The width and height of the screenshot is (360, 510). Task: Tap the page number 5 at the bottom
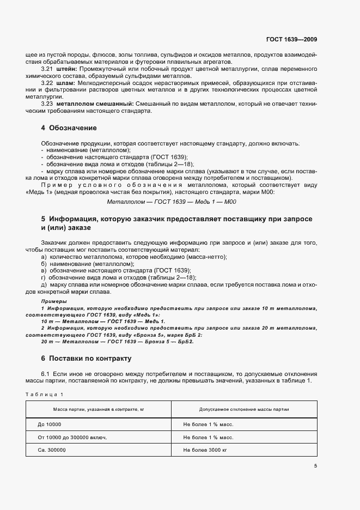point(315,466)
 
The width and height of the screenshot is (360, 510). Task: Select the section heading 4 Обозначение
point(69,128)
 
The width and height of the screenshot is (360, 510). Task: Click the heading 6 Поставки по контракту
point(87,359)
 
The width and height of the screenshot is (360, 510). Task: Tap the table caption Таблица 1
point(44,394)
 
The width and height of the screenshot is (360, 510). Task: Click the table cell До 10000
point(50,423)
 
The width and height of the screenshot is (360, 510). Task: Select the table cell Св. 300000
point(52,451)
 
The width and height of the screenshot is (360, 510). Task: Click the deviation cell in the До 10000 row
point(208,423)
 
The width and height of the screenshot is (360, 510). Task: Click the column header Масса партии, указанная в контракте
point(98,408)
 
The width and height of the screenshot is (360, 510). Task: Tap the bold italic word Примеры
point(54,301)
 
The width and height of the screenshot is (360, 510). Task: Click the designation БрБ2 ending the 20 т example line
point(193,342)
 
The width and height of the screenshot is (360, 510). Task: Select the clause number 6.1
point(45,374)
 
